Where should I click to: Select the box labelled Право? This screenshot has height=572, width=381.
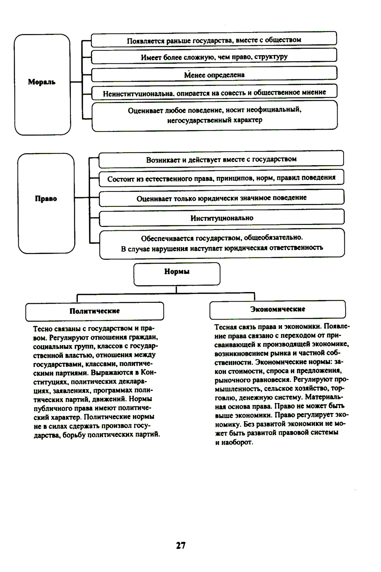46,202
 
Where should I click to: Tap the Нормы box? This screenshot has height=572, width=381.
177,273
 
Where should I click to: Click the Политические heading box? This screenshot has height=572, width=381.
94,311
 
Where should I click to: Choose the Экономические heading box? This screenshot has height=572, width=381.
277,309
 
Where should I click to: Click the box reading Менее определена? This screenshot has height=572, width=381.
214,75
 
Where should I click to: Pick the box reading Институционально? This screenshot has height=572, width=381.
222,218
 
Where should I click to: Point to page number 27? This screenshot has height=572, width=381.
181,545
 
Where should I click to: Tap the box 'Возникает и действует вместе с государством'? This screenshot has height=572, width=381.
221,159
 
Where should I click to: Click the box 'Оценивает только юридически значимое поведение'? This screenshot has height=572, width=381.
221,198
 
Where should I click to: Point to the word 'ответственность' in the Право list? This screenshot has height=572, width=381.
295,248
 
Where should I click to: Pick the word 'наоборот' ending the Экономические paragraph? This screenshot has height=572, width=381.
237,442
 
